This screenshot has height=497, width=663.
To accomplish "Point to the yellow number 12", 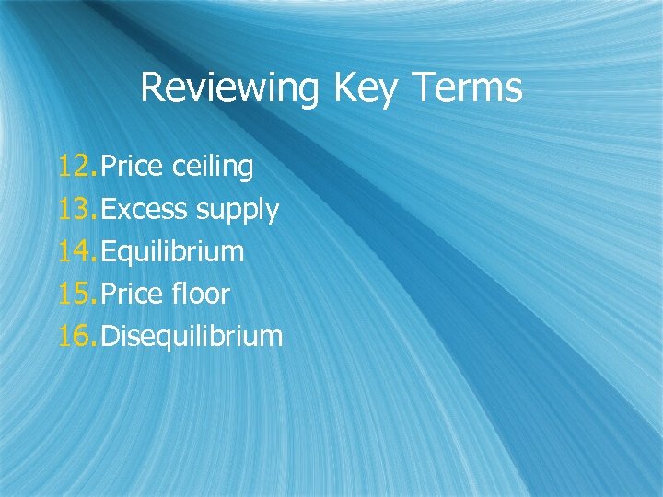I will tap(76, 167).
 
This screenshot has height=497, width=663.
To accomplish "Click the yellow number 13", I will tap(76, 210).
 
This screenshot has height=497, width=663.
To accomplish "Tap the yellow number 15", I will tap(76, 295).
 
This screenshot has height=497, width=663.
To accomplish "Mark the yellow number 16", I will tap(76, 337).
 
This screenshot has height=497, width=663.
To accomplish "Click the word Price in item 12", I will tap(133, 167).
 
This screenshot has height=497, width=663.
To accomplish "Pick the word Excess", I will tap(144, 210).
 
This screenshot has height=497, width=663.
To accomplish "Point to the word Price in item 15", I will tap(133, 295).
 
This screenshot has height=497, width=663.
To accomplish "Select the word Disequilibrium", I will tap(192, 337).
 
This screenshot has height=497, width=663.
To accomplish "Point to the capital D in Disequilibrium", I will tap(110, 337).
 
